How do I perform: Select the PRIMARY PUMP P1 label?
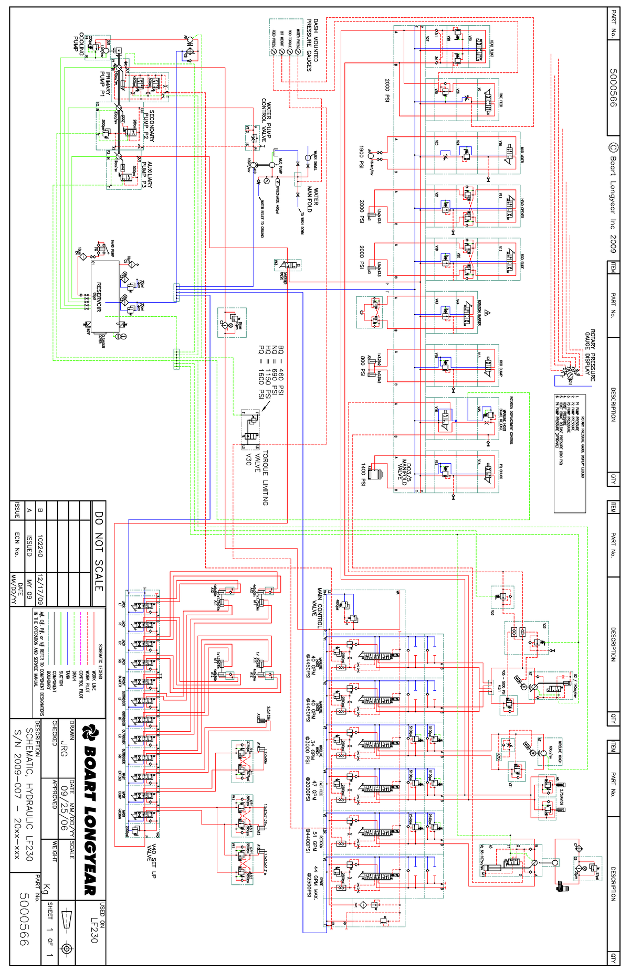(105, 84)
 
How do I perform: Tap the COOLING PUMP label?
(79, 44)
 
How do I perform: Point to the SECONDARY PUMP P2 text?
(149, 125)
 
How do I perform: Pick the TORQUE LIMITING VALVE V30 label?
(257, 477)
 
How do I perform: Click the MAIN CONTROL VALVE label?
(317, 608)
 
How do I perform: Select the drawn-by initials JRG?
(64, 748)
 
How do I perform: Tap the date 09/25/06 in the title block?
(64, 808)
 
